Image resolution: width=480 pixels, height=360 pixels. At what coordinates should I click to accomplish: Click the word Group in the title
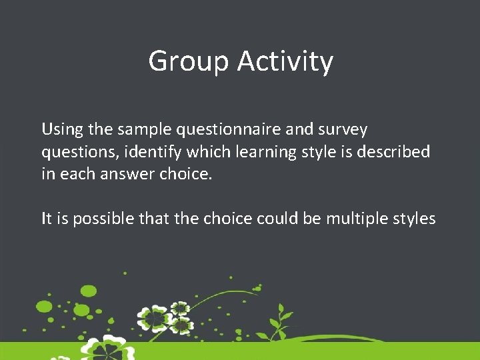[189, 62]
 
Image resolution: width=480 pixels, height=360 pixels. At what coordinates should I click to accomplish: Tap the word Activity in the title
[285, 62]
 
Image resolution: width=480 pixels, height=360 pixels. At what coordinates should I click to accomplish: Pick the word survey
[343, 129]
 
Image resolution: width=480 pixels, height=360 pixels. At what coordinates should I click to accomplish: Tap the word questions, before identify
[77, 153]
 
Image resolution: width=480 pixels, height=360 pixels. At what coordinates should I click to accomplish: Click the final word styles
[415, 219]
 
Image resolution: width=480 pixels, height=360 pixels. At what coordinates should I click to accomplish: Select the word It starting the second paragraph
[47, 219]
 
